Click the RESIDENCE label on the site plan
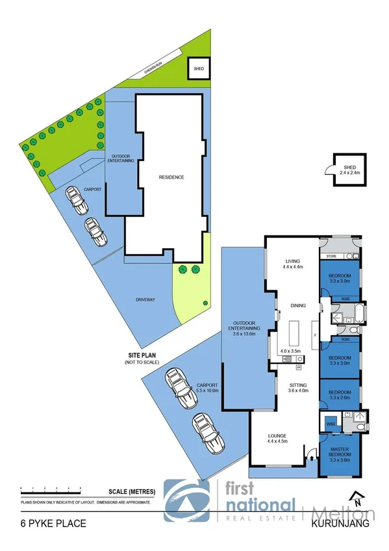[x=172, y=177]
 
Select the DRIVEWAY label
[x=145, y=300]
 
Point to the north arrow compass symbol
[x=356, y=497]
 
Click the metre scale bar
[x=51, y=489]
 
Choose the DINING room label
[x=298, y=305]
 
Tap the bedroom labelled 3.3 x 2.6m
[x=340, y=394]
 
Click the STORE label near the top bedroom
[x=332, y=256]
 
